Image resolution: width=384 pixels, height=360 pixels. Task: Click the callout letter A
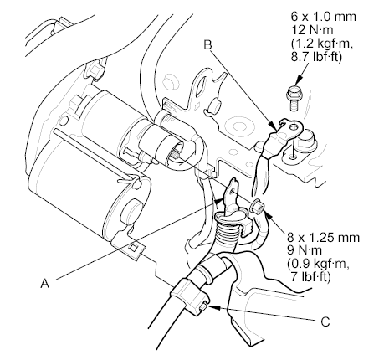(45, 284)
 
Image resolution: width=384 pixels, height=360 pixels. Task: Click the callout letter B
(207, 45)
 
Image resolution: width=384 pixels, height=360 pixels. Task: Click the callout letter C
(325, 321)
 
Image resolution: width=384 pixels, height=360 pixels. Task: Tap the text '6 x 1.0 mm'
(324, 17)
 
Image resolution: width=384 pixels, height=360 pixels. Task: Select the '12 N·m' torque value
(312, 30)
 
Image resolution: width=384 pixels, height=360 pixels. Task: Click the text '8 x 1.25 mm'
(324, 238)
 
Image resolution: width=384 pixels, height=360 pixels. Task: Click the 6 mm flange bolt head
(293, 94)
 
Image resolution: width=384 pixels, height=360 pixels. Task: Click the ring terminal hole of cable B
(293, 127)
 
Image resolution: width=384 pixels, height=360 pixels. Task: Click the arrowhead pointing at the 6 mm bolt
(299, 80)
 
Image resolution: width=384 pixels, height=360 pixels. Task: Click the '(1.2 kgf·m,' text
(322, 44)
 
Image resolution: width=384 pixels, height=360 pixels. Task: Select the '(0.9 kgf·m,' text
(318, 265)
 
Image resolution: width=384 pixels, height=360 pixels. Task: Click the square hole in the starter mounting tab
(134, 248)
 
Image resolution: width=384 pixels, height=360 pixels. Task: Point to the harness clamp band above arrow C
(188, 294)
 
